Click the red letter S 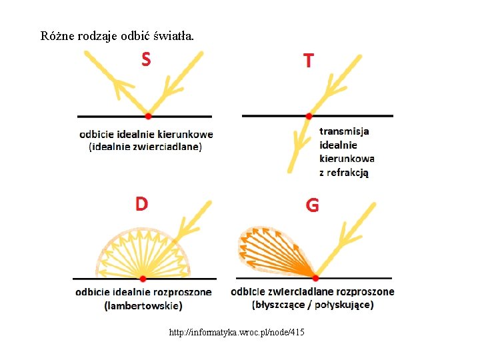point(146,59)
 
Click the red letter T point(309,61)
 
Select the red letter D point(142,203)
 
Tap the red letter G point(312,205)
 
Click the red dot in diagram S point(148,116)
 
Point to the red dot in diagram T point(309,116)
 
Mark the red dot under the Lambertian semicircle point(143,278)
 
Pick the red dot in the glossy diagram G point(315,277)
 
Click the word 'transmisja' point(344,131)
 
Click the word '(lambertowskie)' point(143,306)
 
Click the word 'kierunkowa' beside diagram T point(347,159)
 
